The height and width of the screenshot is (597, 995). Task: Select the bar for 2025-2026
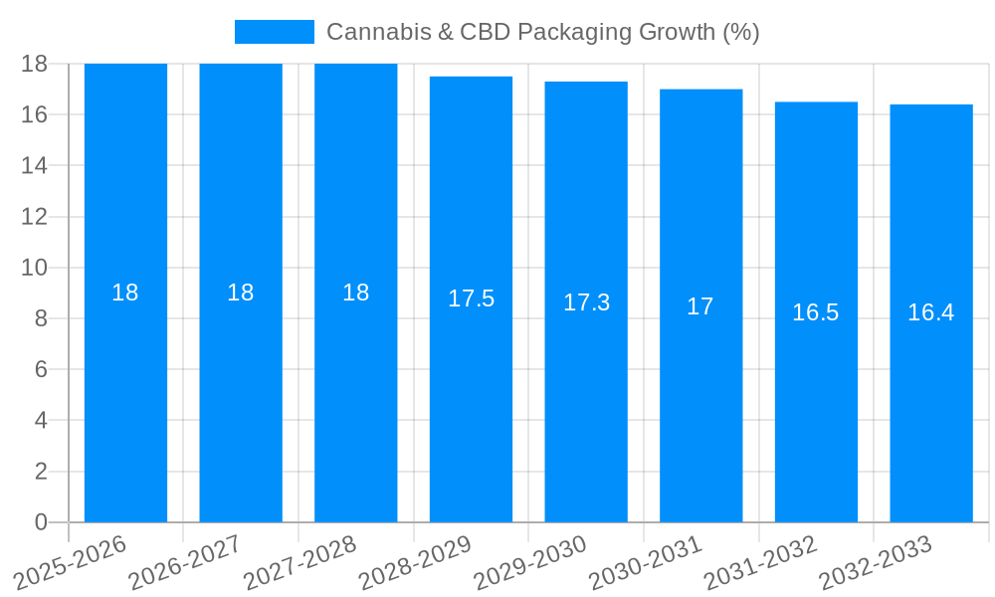coord(125,398)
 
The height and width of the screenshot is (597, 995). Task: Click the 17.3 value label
coord(586,302)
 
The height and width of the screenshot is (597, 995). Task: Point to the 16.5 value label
coord(816,312)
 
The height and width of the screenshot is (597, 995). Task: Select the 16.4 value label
coord(931,312)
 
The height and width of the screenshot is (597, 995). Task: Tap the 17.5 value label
coord(471,298)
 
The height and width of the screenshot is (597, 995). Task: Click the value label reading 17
coord(700,306)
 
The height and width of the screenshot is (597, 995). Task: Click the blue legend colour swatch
coord(274,32)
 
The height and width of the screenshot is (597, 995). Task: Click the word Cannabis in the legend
coord(373,32)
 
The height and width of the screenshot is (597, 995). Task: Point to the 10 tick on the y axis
coord(34,268)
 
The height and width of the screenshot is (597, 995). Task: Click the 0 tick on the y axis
coord(41,522)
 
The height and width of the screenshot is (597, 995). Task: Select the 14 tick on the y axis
coord(34,165)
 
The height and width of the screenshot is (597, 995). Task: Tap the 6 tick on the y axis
coord(41,369)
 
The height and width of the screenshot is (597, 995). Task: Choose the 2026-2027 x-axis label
coord(184,562)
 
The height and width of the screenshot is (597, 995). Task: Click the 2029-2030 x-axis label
coord(529,562)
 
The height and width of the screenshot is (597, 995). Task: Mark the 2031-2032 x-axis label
coord(760,562)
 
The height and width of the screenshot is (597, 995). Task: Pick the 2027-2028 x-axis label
coord(299,562)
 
